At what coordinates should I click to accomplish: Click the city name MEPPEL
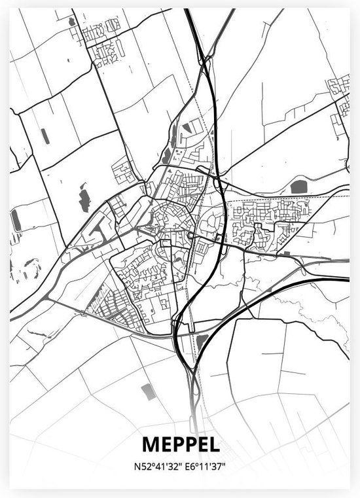tap(179, 445)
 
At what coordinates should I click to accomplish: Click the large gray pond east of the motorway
tap(298, 187)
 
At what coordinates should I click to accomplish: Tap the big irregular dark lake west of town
tap(84, 198)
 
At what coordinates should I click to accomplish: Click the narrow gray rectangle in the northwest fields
tap(45, 135)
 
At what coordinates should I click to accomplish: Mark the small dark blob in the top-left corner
tap(71, 22)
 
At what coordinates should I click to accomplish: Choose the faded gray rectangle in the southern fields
tap(147, 391)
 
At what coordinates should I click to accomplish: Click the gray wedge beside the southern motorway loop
tap(202, 340)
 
